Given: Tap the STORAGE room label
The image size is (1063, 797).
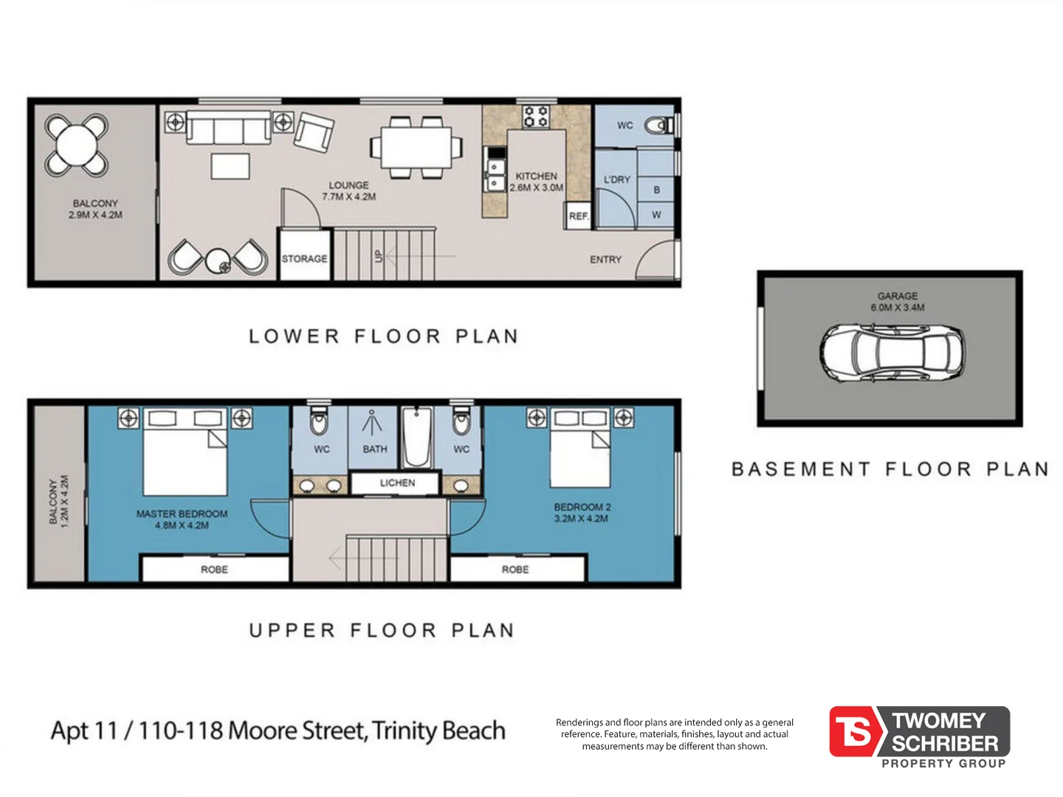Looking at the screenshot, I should (x=304, y=259).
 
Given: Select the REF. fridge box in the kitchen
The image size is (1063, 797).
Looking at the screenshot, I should (x=579, y=216).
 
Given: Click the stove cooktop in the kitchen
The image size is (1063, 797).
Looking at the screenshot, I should (x=536, y=117).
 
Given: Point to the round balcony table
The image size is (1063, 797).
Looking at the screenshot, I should (x=77, y=145).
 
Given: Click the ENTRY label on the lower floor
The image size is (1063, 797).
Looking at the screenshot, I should (x=605, y=260).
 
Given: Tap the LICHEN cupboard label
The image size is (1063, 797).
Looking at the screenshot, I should (x=397, y=483).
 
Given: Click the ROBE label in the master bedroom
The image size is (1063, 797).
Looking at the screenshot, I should (x=214, y=570).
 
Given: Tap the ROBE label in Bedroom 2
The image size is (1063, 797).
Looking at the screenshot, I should (x=515, y=570).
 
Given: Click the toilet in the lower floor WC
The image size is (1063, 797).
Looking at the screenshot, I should (x=657, y=125).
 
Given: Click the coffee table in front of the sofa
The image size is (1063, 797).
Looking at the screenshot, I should (x=230, y=166).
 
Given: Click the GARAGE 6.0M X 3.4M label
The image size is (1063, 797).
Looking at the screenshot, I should (x=897, y=302).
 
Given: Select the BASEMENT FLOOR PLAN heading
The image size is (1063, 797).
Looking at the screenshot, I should (x=890, y=469).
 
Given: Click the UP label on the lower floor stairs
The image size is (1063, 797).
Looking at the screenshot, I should (x=379, y=256).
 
